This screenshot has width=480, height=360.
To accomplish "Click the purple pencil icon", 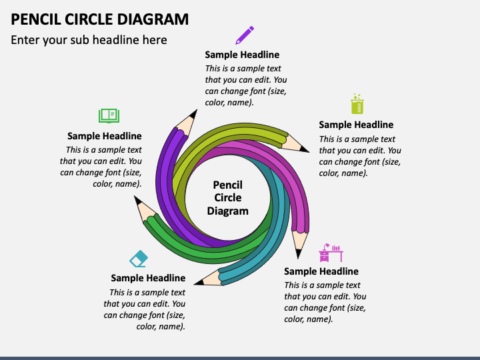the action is (245, 35).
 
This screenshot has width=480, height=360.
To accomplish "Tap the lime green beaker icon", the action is (357, 104).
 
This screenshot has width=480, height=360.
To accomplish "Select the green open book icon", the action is (109, 116).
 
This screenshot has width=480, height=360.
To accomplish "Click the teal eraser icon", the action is (139, 259).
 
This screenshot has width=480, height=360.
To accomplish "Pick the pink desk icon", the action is (331, 253).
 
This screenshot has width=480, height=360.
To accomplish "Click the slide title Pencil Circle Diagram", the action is (100, 19).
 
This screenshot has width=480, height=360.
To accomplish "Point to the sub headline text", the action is (89, 40).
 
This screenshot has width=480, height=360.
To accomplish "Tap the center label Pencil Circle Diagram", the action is (228, 198).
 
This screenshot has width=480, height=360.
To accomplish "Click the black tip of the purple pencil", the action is (193, 114).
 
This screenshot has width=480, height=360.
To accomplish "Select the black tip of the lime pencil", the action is (304, 149).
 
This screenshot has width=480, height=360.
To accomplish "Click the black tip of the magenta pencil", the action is (298, 254).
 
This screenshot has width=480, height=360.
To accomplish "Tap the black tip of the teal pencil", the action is (199, 282).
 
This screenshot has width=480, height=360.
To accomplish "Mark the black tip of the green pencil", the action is (137, 200).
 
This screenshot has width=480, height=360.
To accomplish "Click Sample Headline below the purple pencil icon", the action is (242, 55).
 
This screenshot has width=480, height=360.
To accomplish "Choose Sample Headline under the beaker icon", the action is (356, 125).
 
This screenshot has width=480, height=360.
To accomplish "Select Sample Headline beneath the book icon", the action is (105, 136).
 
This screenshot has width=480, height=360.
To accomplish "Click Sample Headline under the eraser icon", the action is (148, 278).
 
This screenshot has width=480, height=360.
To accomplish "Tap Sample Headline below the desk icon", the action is (321, 271).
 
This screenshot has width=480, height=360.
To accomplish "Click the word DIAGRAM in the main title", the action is (153, 19).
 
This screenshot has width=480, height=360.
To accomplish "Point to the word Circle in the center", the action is (228, 198).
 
